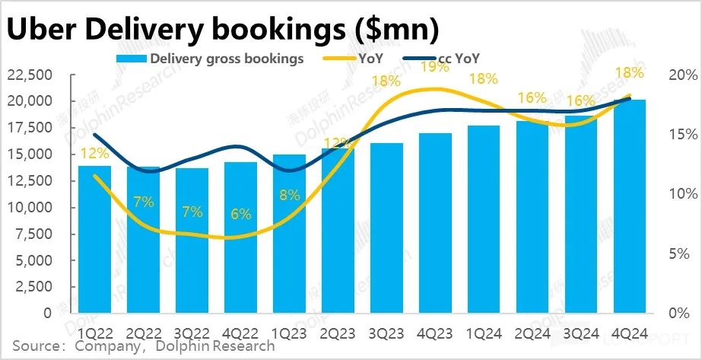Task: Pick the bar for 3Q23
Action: coord(386,228)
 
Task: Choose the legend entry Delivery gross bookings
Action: coord(209,59)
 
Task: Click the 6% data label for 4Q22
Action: coord(241,214)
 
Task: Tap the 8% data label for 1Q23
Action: coord(290,194)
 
